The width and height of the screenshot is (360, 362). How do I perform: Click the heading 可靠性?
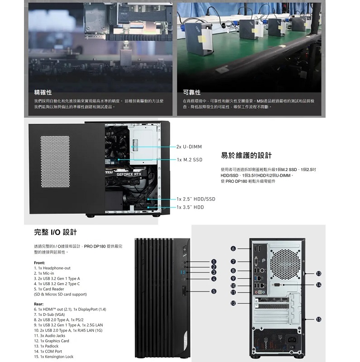point(192,92)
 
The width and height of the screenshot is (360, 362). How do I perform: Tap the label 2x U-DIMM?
point(189,147)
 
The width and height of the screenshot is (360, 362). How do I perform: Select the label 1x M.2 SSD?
point(190,160)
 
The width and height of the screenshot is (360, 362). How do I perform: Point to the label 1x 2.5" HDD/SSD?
point(196,199)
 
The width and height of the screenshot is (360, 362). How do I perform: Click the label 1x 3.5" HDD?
point(190,207)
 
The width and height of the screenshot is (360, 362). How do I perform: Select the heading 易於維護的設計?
point(246,156)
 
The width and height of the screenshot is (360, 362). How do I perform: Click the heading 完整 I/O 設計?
point(55,232)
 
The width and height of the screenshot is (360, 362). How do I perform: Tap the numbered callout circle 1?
point(213,262)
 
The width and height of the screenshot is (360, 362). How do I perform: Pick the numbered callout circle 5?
point(213,291)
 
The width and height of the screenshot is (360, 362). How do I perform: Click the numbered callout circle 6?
point(233,248)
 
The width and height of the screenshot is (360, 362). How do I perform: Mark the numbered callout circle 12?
point(233,303)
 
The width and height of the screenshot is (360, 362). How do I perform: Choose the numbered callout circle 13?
point(319,273)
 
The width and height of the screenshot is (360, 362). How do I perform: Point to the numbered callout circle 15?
point(319,319)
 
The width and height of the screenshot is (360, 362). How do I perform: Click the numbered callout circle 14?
point(319,285)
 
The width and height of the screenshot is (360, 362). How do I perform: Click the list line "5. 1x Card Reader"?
point(49,289)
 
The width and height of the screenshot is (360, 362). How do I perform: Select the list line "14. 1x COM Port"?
point(48,351)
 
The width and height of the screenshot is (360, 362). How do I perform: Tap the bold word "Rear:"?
point(39,304)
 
